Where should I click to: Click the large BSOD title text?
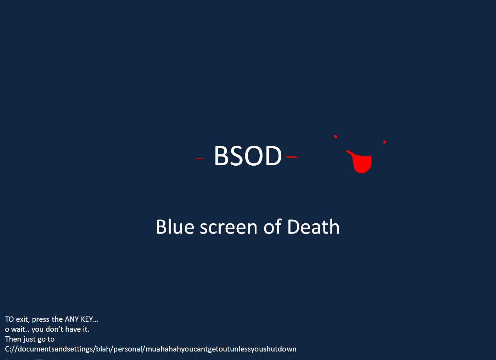point(248,156)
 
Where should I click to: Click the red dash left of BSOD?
point(200,159)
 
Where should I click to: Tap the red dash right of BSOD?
point(292,156)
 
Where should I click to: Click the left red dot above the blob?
point(336,136)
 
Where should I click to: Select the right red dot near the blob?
point(384,142)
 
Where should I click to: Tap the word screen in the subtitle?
point(229,228)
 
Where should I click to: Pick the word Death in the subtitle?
point(313,227)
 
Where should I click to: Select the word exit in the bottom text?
point(22,319)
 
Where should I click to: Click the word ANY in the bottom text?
point(72,319)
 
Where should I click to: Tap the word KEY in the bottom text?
point(87,319)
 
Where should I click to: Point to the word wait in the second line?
point(18,329)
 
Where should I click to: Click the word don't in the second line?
point(55,329)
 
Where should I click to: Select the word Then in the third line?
point(13,339)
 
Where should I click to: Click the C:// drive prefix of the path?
point(11,349)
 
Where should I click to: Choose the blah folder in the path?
point(103,349)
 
